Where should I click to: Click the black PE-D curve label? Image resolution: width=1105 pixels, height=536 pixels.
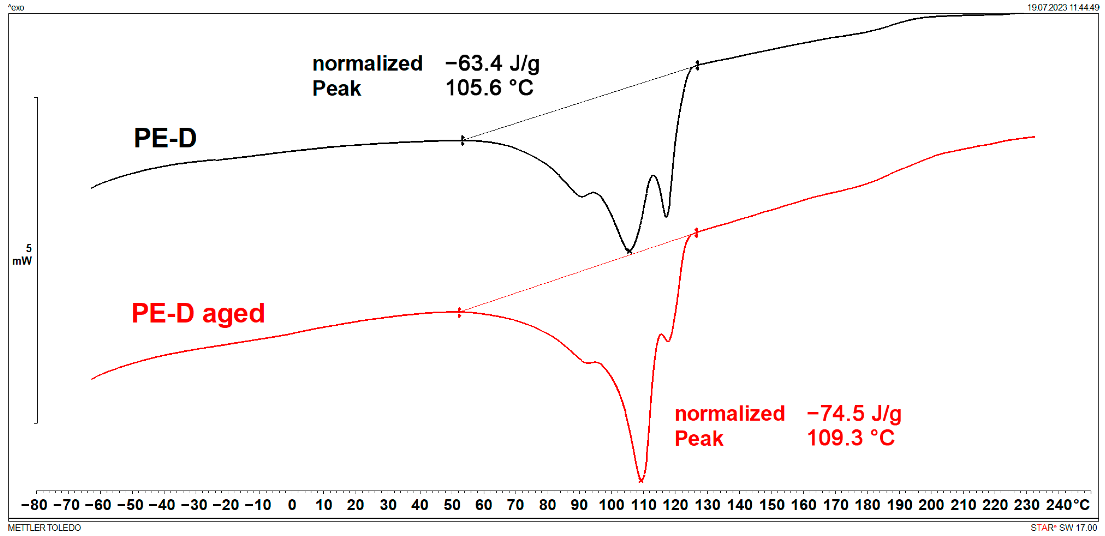tap(165, 138)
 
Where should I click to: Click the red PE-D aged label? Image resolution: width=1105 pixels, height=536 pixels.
tap(198, 313)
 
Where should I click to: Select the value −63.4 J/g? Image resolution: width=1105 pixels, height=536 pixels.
tap(492, 64)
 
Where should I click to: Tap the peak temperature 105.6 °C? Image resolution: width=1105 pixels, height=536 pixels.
tap(489, 88)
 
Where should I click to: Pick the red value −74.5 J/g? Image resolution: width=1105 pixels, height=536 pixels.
tap(854, 414)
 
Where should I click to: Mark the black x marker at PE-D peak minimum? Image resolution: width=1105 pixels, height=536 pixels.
tap(629, 251)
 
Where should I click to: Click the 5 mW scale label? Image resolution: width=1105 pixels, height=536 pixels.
tap(23, 254)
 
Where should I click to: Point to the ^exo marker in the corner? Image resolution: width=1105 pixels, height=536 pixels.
tap(16, 7)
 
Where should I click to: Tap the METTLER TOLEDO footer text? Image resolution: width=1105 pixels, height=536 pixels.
tap(44, 528)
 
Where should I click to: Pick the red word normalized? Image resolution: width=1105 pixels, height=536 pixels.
tap(729, 414)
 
